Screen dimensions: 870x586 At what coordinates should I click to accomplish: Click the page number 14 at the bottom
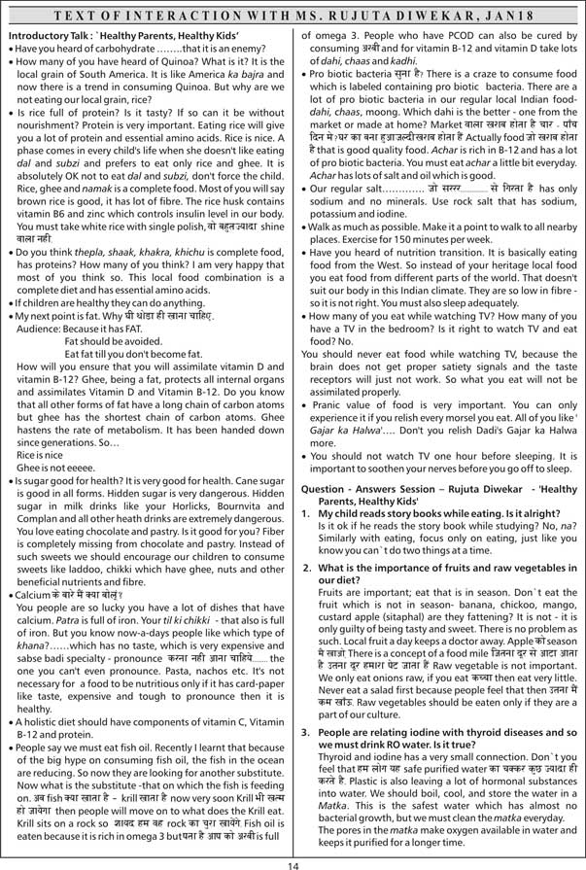[x=293, y=858]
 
